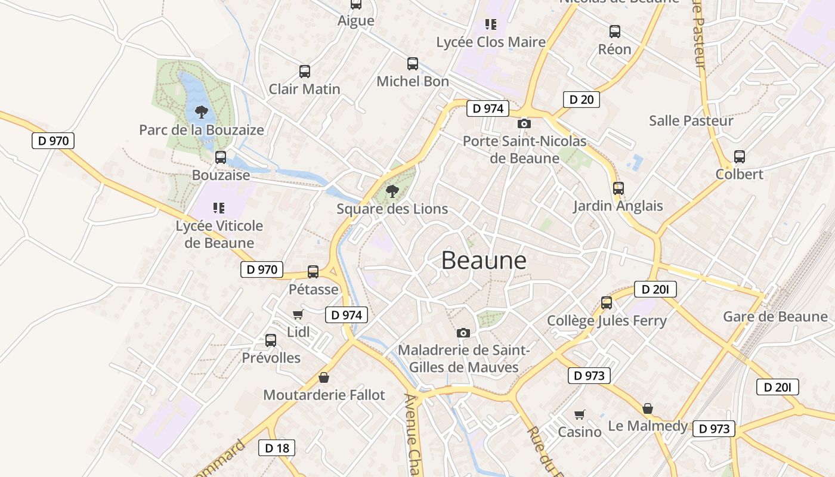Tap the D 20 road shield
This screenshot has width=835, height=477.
tap(581, 100)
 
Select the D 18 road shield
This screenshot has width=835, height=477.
tap(277, 448)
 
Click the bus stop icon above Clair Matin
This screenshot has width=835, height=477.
tap(305, 72)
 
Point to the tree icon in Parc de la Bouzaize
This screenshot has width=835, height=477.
tap(202, 111)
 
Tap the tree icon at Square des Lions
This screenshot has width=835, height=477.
tap(392, 191)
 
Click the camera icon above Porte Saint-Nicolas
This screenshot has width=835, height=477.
tap(524, 123)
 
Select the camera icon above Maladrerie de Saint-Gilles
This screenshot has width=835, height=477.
tap(463, 333)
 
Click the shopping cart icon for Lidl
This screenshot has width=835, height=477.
tap(298, 314)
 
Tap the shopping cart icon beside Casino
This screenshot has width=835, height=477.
tap(579, 414)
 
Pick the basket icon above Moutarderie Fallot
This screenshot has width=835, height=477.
tap(323, 377)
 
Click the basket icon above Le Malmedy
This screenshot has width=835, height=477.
tap(648, 408)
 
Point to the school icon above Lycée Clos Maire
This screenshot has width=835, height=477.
tap(491, 24)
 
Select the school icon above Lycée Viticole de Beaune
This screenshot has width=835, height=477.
tap(219, 208)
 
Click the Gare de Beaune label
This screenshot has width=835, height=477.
tap(775, 317)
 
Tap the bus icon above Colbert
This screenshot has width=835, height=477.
tap(740, 157)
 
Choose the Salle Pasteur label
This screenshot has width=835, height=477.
tap(691, 121)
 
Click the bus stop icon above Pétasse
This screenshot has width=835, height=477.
tap(313, 272)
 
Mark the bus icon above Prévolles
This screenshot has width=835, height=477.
tap(271, 340)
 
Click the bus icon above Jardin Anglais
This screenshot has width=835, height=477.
tap(618, 188)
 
